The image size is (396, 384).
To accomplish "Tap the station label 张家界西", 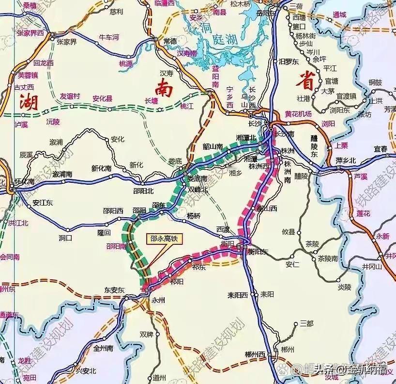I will (x=30, y=33).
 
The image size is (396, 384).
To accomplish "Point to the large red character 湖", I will (x=29, y=103).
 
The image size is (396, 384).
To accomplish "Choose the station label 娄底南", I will (x=197, y=179).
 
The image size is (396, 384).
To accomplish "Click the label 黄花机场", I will (x=298, y=114).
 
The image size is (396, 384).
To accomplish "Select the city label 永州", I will (x=158, y=300).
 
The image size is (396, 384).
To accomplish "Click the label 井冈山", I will (x=372, y=266).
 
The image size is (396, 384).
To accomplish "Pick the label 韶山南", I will (x=213, y=146).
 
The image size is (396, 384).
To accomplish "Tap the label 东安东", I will (x=115, y=289).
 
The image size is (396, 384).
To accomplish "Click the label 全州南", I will (x=103, y=348).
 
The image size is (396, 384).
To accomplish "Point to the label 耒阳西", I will (x=238, y=295).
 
